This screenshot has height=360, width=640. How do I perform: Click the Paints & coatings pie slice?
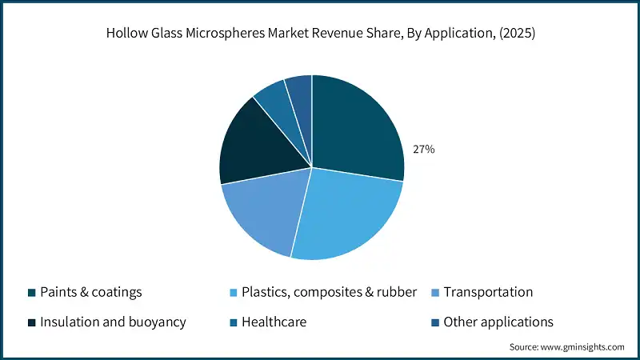(x=356, y=128)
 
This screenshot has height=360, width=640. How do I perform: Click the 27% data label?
(x=424, y=149)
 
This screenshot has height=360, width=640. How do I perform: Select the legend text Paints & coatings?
(x=90, y=292)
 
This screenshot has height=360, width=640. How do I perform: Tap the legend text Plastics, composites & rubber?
(x=329, y=292)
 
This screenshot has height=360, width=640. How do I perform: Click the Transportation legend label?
(x=488, y=292)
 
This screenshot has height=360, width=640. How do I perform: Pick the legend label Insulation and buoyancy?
(x=113, y=322)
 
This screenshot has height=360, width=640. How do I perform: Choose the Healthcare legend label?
(x=274, y=322)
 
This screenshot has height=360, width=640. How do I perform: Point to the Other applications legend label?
(x=498, y=322)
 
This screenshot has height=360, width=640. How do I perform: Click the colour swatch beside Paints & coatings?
(x=31, y=292)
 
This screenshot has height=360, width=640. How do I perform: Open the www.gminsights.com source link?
(x=582, y=347)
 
